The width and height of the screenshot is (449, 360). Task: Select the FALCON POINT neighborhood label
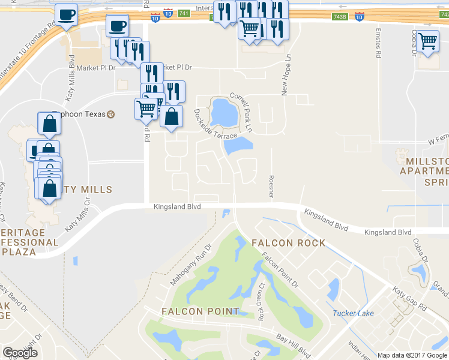pyautogui.click(x=200, y=311)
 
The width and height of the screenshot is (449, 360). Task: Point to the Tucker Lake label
pyautogui.click(x=354, y=313)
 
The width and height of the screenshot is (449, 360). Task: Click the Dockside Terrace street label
pyautogui.click(x=215, y=124)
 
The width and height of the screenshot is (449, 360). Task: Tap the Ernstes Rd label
pyautogui.click(x=378, y=42)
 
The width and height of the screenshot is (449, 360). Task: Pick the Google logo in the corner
pyautogui.click(x=20, y=352)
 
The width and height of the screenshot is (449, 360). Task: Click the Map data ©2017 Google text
pyautogui.click(x=412, y=355)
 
